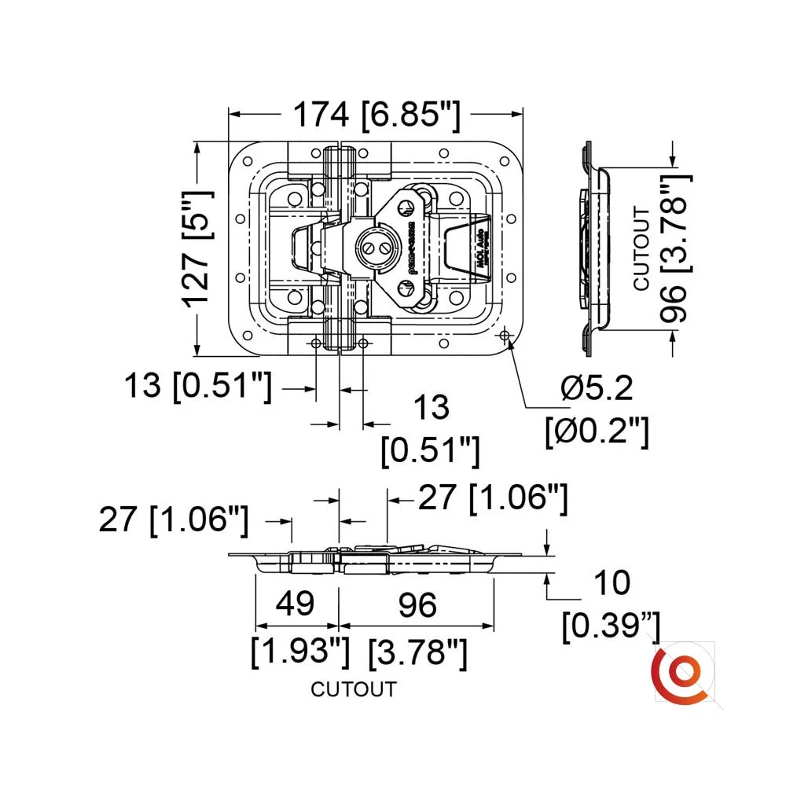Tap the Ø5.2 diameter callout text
(597, 388)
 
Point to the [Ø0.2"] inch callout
(597, 432)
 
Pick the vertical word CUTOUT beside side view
(641, 248)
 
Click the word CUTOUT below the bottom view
(354, 690)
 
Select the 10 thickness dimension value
(612, 583)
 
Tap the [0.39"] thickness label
(611, 626)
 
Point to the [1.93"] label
(299, 651)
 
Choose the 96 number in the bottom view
(417, 605)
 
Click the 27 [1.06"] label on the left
(174, 520)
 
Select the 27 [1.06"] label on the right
(491, 498)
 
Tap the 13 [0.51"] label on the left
(197, 387)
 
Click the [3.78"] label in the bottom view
(417, 651)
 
